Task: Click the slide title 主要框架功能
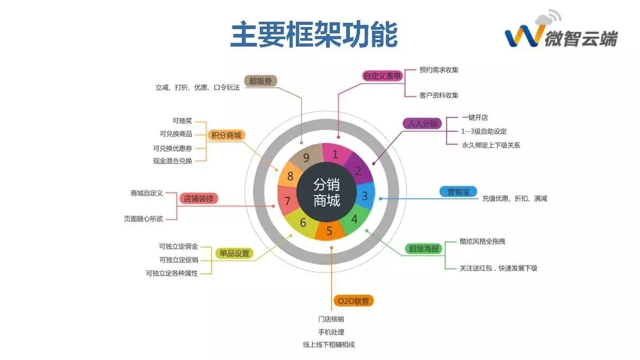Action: [x=314, y=35]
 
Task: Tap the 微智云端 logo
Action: [x=561, y=33]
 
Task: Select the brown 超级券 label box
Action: [x=260, y=81]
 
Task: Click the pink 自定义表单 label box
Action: [x=382, y=76]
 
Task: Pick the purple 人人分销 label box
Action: [x=422, y=123]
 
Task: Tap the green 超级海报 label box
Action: [x=423, y=248]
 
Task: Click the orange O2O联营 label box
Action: [x=354, y=301]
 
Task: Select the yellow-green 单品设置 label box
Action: [x=235, y=254]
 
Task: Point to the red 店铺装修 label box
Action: [x=199, y=199]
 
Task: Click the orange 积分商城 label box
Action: [x=226, y=136]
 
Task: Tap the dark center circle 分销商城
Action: [x=327, y=192]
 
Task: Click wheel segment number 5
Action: [x=329, y=230]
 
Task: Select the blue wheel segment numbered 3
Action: [x=364, y=196]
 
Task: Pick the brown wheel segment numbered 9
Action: [x=306, y=157]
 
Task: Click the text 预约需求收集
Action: [x=439, y=69]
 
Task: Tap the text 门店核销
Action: [x=331, y=319]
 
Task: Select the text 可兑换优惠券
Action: [x=172, y=148]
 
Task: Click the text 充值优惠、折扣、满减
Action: [x=514, y=199]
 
